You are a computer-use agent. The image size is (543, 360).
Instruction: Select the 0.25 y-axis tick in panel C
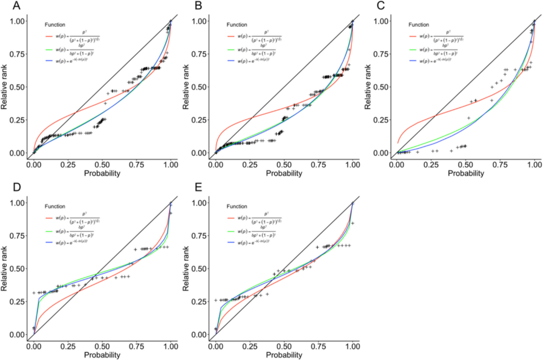point(381,120)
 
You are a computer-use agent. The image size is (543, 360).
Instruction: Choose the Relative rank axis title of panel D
point(6,268)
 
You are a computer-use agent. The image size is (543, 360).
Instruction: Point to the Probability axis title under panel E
point(283,355)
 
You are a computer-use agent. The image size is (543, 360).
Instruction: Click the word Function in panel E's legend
point(237,206)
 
